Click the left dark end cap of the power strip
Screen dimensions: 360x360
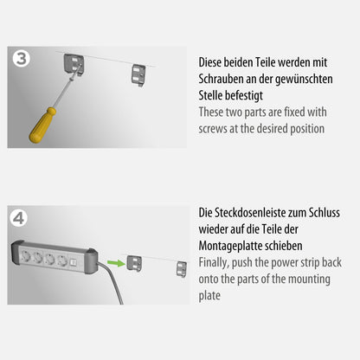pyautogui.click(x=16, y=257)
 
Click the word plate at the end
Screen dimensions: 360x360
pyautogui.click(x=213, y=294)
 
